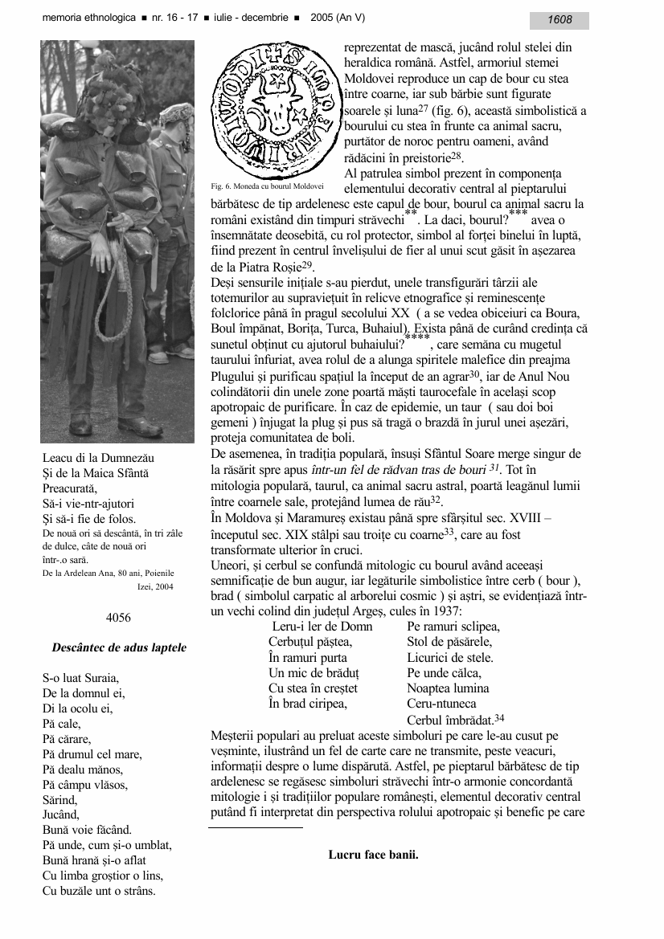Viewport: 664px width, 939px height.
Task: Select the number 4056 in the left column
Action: click(x=118, y=618)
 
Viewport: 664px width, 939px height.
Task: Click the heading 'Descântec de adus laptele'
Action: click(x=119, y=647)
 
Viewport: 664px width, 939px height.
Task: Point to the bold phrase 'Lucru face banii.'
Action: click(x=373, y=855)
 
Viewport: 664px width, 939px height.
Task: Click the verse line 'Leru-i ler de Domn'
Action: click(x=322, y=627)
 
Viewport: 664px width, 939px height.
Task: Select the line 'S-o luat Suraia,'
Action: click(x=80, y=678)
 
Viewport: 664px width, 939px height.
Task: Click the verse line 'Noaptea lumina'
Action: click(x=448, y=688)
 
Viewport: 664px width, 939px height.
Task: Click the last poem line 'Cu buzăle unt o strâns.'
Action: click(x=99, y=891)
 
